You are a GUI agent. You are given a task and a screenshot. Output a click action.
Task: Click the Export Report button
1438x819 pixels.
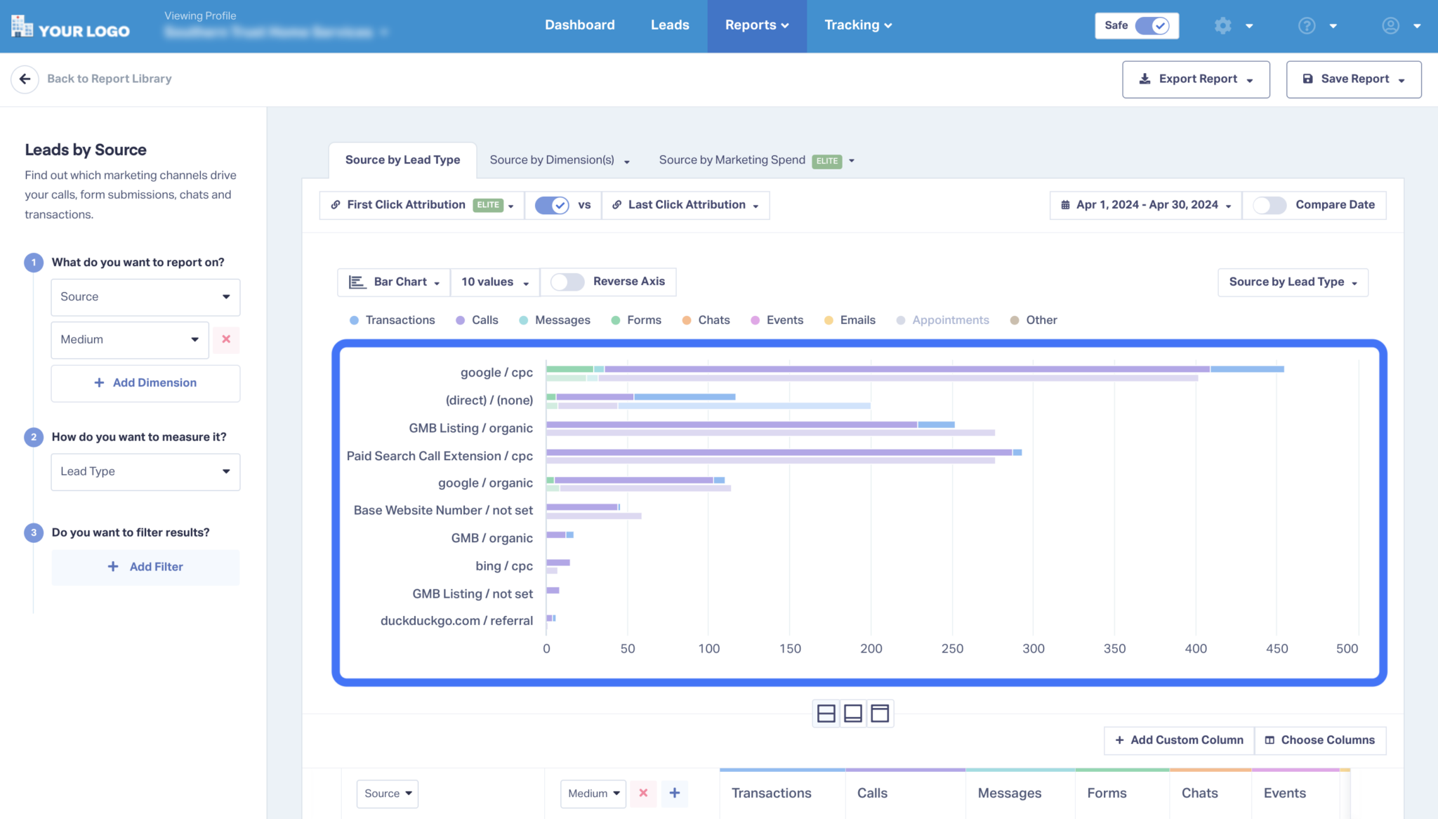point(1195,79)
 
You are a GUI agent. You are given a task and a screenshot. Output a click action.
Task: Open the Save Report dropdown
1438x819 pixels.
point(1353,79)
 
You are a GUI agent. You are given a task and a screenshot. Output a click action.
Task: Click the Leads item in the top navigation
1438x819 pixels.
point(669,25)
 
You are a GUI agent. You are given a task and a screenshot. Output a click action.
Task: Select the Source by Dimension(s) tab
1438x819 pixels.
point(559,160)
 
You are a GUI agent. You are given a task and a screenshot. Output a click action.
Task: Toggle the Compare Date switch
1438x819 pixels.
point(1269,205)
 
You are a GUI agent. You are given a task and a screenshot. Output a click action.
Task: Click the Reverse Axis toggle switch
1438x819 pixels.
point(567,282)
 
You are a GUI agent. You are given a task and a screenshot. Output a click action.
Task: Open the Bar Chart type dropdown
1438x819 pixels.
point(395,282)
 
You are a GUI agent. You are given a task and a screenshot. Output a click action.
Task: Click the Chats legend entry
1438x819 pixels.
point(706,320)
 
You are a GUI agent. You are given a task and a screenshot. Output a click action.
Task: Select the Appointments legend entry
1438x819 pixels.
point(943,320)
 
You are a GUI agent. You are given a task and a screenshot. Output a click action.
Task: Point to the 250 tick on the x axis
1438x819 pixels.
point(952,648)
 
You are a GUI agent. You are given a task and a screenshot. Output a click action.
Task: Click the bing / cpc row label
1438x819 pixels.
point(503,566)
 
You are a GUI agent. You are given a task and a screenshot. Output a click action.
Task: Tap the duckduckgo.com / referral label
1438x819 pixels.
point(456,621)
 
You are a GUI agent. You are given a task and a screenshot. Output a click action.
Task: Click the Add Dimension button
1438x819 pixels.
point(145,383)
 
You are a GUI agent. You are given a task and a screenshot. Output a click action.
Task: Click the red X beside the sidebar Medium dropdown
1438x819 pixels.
point(226,339)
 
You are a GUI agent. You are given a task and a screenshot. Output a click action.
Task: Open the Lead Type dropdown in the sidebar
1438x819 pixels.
point(145,471)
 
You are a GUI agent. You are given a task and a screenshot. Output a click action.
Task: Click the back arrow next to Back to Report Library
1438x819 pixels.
point(25,79)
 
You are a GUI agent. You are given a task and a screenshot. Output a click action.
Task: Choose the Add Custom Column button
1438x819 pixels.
point(1179,740)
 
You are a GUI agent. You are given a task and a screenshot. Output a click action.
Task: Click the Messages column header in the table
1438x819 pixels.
point(1009,793)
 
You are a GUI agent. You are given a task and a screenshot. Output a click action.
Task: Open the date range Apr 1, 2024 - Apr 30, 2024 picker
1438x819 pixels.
point(1145,205)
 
